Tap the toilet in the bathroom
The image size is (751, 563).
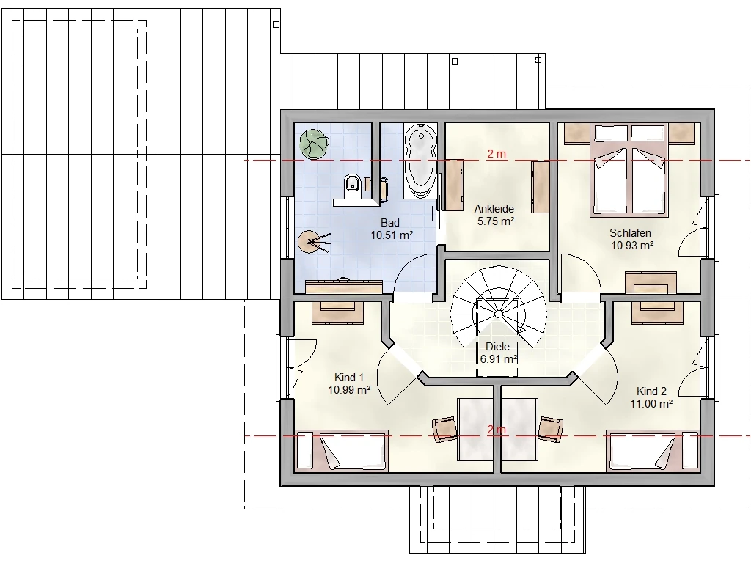click(353, 184)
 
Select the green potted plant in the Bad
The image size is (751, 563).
click(314, 144)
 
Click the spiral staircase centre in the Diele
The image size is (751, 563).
click(499, 314)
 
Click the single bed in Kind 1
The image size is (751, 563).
click(341, 451)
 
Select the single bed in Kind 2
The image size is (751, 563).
click(653, 451)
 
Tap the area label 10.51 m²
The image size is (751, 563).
click(392, 235)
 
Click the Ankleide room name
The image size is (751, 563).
click(494, 209)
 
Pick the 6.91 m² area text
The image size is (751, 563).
click(498, 358)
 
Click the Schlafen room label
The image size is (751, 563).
click(630, 233)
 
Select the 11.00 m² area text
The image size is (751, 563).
click(651, 404)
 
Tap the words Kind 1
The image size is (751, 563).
click(349, 378)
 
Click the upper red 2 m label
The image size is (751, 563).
click(497, 154)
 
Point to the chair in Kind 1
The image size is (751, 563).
click(444, 428)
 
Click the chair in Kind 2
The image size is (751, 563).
click(550, 428)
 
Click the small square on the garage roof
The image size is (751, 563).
click(276, 24)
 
